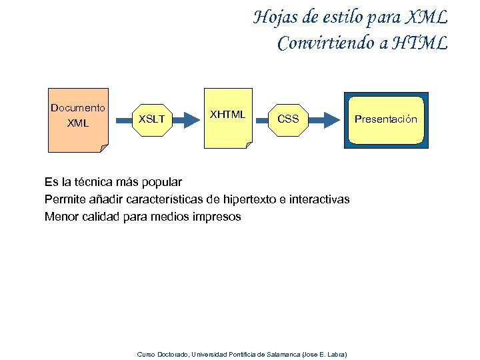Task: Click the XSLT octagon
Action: click(x=151, y=119)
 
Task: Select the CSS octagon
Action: click(x=288, y=119)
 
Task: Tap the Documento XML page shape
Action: click(x=78, y=120)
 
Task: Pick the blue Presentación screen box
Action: click(x=386, y=119)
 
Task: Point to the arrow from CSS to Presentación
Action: click(x=326, y=119)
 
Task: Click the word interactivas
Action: click(x=319, y=199)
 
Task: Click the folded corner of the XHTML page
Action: click(x=248, y=145)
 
